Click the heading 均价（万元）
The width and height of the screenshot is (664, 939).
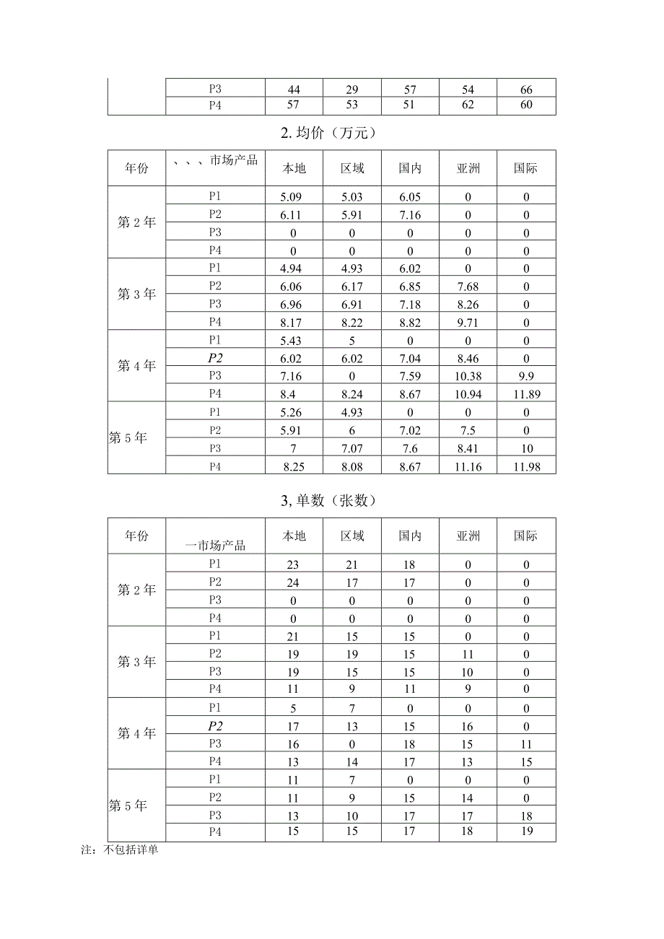click(332, 133)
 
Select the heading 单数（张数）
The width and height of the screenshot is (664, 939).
click(332, 500)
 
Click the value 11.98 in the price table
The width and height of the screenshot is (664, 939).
click(526, 467)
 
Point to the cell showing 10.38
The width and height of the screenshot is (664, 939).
click(468, 377)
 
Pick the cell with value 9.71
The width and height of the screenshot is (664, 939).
click(468, 323)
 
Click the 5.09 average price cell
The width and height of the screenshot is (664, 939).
click(294, 197)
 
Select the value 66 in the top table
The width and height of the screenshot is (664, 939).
click(526, 90)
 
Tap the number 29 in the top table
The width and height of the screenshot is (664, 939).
click(352, 90)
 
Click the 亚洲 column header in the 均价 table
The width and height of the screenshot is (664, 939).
click(468, 169)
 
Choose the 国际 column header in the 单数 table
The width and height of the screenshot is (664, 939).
click(526, 536)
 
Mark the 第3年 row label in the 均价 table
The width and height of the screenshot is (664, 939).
click(136, 294)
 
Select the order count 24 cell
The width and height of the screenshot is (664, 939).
click(294, 583)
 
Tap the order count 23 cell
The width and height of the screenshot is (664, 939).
click(294, 565)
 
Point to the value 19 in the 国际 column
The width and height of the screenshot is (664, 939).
click(526, 832)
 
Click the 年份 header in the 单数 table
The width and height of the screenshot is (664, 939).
click(136, 536)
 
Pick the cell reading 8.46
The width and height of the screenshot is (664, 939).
click(468, 359)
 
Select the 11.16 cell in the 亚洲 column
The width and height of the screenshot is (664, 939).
click(468, 467)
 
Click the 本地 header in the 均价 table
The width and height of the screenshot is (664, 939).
click(294, 169)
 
